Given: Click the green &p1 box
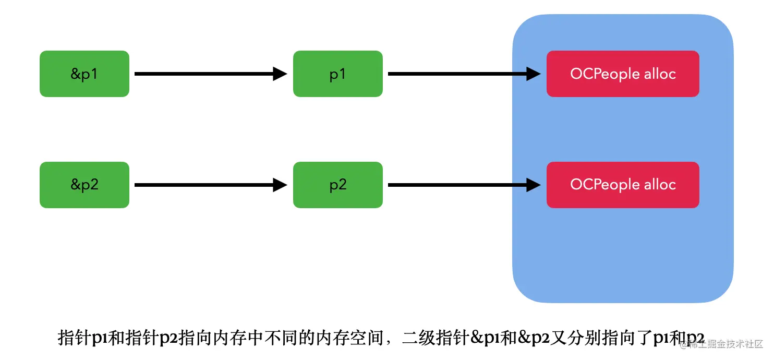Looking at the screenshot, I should pyautogui.click(x=84, y=74).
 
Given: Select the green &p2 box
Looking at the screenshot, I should pyautogui.click(x=84, y=185).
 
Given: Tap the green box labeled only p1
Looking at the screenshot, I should pyautogui.click(x=337, y=74).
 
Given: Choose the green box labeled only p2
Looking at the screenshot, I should pyautogui.click(x=337, y=185).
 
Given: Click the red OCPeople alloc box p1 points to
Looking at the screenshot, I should pyautogui.click(x=622, y=74).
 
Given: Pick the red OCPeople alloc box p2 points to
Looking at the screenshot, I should pyautogui.click(x=622, y=185).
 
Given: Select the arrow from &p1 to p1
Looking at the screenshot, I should pyautogui.click(x=209, y=74).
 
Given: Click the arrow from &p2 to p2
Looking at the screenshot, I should pyautogui.click(x=209, y=185).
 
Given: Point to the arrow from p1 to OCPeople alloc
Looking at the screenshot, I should pyautogui.click(x=462, y=74).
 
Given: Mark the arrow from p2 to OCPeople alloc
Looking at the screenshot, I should pyautogui.click(x=462, y=185).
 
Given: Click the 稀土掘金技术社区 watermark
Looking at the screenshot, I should pyautogui.click(x=725, y=344).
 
